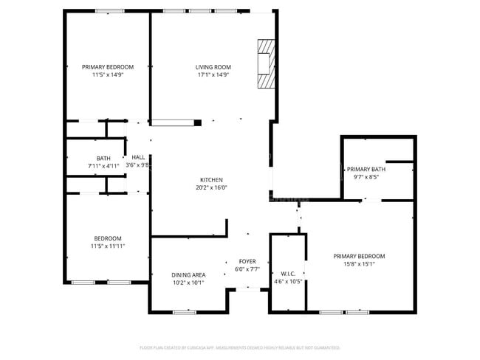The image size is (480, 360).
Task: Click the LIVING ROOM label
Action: click(213, 66)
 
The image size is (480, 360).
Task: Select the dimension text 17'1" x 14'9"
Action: click(213, 75)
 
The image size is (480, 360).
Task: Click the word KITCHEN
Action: click(211, 179)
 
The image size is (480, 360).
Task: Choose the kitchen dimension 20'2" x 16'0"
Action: click(211, 187)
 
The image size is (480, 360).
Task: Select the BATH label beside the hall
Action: click(103, 158)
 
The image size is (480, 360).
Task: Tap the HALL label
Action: click(138, 157)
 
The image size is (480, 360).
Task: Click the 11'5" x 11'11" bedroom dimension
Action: click(107, 246)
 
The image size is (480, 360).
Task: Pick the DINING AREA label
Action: click(188, 274)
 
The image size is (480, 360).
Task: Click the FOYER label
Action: click(247, 261)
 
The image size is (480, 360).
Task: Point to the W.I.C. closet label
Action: click(288, 273)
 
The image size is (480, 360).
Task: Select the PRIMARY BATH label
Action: click(366, 169)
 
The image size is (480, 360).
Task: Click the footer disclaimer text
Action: click(240, 347)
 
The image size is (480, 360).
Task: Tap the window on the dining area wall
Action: click(184, 312)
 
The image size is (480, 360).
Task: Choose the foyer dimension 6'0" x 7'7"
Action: click(247, 269)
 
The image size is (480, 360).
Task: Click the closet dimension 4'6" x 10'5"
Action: click(288, 281)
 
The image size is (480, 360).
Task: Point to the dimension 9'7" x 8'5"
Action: click(366, 177)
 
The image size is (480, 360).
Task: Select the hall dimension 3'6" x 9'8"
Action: click(138, 165)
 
